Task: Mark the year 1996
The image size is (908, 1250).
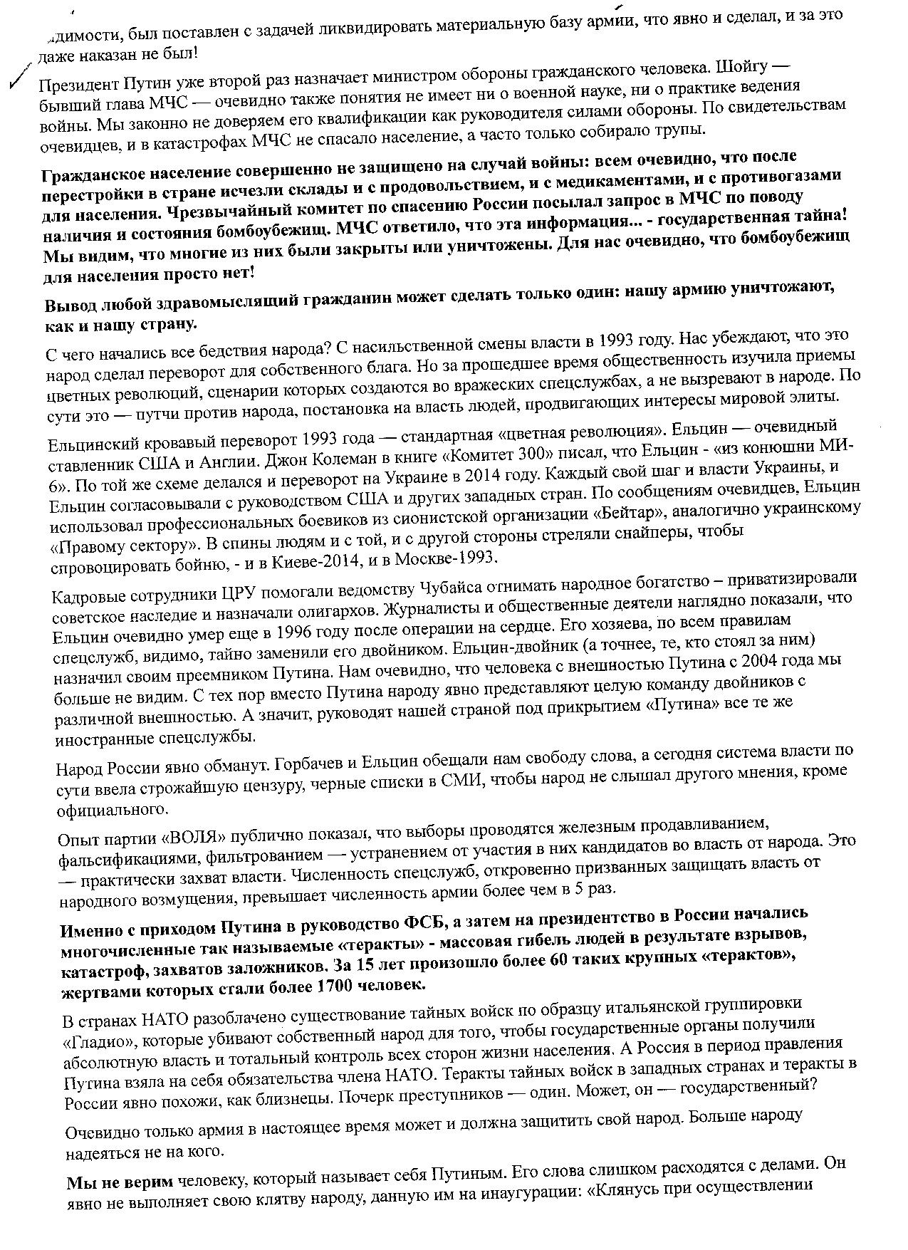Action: click(260, 632)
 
